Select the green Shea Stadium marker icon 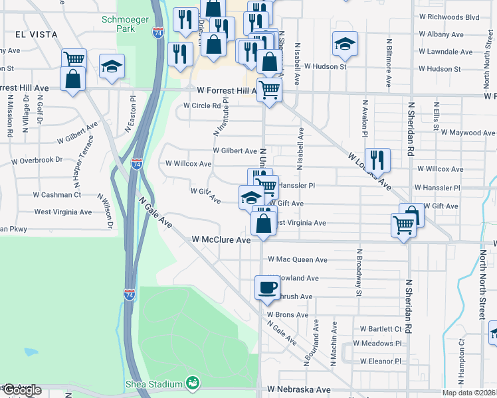point(193,383)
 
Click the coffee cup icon point(267,287)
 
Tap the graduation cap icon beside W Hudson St point(344,44)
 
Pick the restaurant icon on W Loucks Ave point(377,160)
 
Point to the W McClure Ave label point(221,239)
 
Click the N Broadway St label point(359,272)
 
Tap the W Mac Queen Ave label point(297,260)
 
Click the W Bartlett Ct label point(381,328)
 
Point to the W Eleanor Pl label point(380,362)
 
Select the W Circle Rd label point(202,105)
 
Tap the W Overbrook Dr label point(37,160)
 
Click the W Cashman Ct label point(57,195)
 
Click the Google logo point(21,390)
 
